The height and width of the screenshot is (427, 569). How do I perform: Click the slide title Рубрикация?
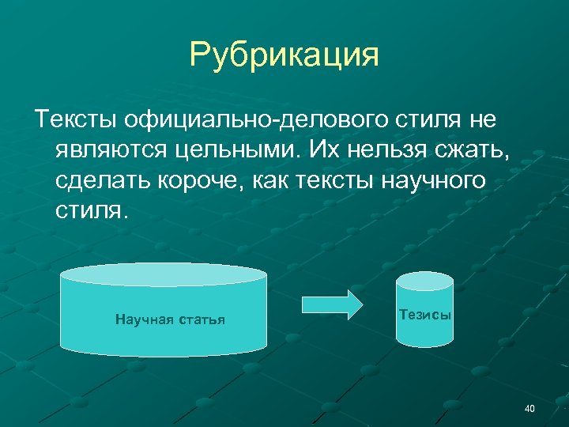[x=284, y=55]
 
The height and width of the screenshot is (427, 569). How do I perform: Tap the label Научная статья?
[x=170, y=319]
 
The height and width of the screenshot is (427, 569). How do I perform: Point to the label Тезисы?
[x=425, y=314]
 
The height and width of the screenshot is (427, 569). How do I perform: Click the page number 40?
[x=529, y=408]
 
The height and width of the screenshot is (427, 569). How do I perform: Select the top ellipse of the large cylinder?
[x=164, y=274]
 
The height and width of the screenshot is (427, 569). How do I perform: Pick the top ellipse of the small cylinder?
[x=424, y=282]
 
